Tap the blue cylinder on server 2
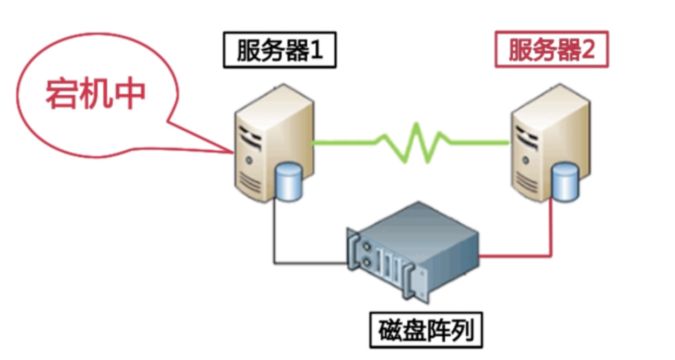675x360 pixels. [x=564, y=182]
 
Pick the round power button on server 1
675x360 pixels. [x=249, y=160]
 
